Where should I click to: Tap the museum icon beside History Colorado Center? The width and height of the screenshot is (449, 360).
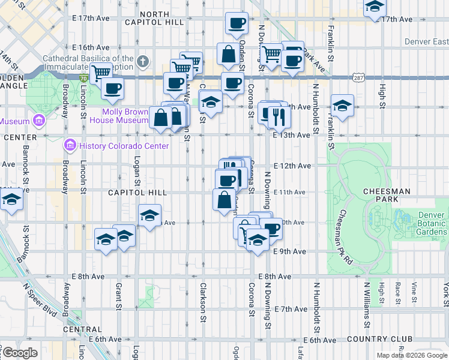70,146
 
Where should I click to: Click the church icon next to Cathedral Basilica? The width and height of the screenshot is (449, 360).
142,61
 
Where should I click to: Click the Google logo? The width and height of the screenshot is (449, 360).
20,352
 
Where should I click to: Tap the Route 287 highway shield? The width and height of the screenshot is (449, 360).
358,78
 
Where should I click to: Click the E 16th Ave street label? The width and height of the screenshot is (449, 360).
90,47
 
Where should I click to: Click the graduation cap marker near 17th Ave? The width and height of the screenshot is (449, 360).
375,8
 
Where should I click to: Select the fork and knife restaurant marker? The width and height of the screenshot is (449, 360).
277,115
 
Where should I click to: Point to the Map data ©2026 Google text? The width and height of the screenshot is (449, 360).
411,355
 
